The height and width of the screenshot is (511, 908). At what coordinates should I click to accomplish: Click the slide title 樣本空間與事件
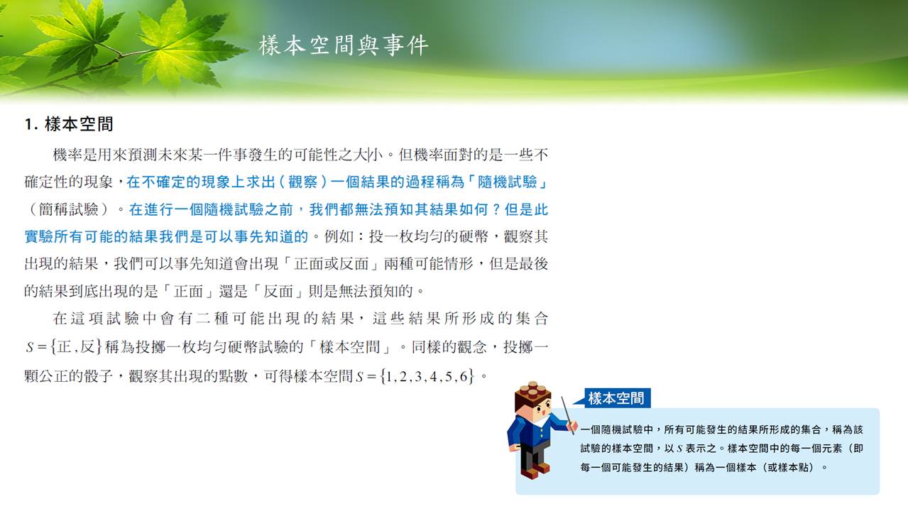(343, 45)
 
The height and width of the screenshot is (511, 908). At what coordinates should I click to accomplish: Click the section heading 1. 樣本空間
(69, 124)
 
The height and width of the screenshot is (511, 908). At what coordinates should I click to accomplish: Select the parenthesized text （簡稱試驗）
(69, 209)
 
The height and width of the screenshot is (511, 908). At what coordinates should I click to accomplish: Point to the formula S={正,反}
(63, 347)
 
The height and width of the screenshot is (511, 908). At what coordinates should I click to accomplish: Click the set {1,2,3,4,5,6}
(427, 376)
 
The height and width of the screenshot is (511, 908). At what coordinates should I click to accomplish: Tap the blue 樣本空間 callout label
(616, 398)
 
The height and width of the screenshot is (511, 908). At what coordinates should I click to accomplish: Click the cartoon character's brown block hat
(532, 392)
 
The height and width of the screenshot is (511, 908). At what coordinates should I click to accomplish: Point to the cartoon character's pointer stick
(567, 415)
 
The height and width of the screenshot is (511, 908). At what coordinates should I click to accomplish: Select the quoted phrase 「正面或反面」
(331, 264)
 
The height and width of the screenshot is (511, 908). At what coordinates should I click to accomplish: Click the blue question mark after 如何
(496, 209)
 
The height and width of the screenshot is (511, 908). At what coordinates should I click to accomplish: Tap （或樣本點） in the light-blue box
(787, 467)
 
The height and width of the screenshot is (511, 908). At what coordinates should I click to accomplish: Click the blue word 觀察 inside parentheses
(303, 182)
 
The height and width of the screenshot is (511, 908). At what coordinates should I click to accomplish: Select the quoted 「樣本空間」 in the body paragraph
(350, 347)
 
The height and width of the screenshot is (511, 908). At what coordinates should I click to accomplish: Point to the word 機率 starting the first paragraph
(67, 155)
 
